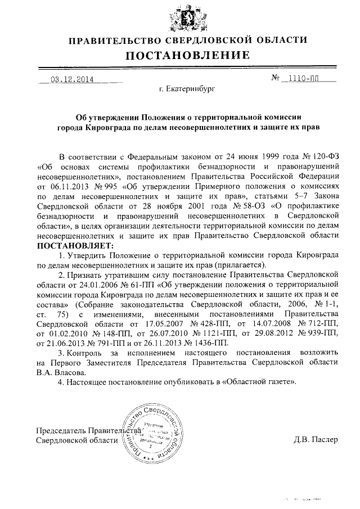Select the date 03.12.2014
[x=72, y=79]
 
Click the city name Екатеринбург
[x=186, y=88]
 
